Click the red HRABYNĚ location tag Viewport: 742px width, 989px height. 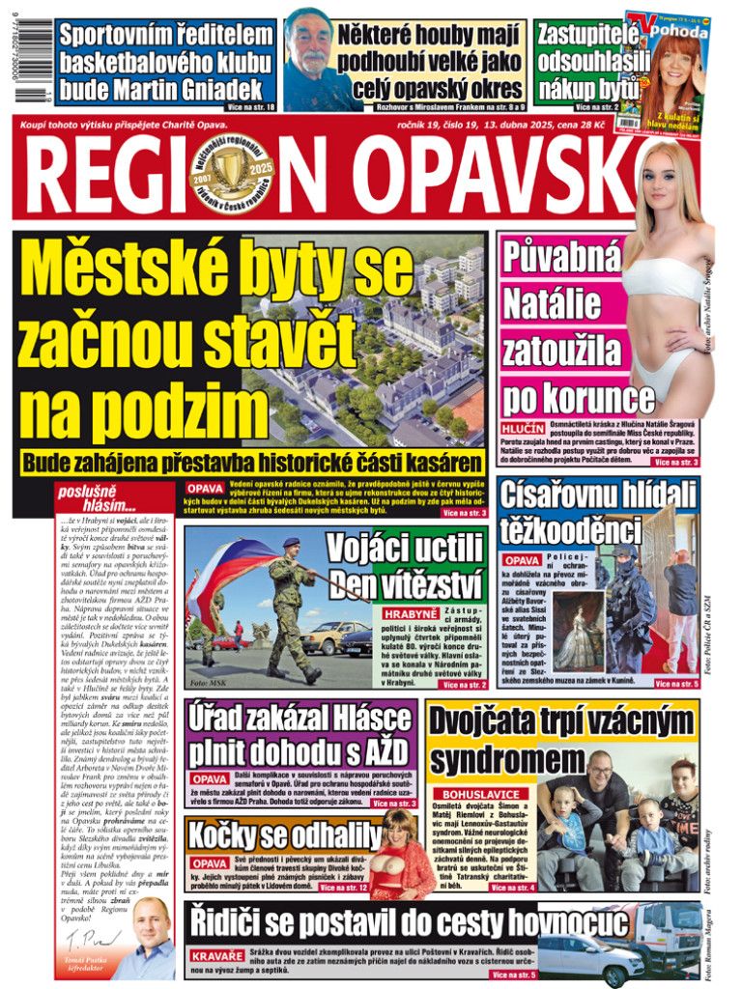click(x=412, y=613)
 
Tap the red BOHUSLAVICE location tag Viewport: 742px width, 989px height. click(x=480, y=794)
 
